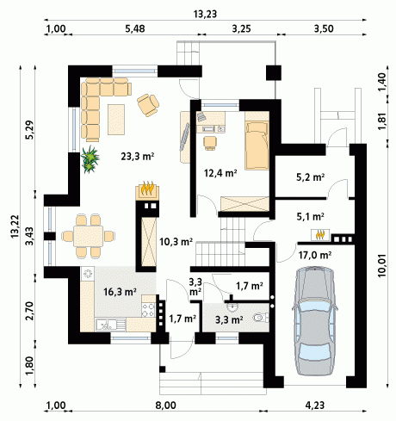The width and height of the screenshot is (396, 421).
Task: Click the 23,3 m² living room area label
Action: (138, 157)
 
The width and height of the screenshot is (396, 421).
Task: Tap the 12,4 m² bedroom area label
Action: (220, 173)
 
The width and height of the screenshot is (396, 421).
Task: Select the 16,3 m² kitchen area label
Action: (120, 292)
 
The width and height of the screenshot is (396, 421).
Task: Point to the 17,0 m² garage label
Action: (315, 255)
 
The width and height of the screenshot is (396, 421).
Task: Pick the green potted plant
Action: (90, 159)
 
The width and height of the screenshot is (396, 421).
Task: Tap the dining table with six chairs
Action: (88, 236)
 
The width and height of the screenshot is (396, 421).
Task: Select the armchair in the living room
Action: (148, 105)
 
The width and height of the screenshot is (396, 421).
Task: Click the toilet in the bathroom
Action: (261, 318)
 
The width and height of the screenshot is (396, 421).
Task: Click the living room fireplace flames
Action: (147, 188)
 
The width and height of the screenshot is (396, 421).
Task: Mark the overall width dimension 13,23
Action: (205, 14)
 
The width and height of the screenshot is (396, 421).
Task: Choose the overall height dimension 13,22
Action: (15, 226)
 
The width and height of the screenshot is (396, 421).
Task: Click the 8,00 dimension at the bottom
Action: (166, 406)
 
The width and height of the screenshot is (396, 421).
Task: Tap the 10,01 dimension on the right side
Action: (381, 266)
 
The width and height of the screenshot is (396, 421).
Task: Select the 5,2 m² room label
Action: (310, 177)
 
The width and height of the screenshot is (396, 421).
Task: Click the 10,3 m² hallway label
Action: (176, 242)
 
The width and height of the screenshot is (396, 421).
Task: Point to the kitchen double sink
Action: (110, 325)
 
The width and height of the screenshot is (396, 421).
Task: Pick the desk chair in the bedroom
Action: (210, 143)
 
